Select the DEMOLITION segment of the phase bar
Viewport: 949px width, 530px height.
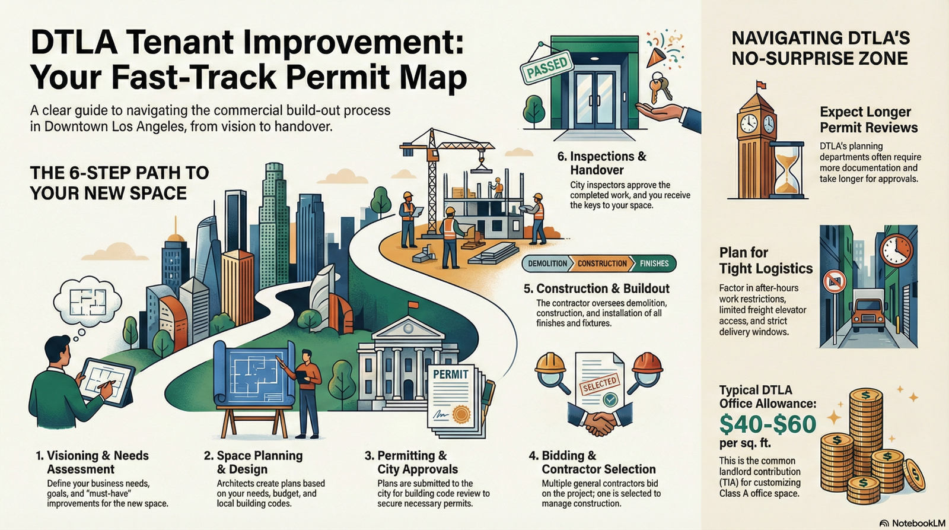tap(547, 264)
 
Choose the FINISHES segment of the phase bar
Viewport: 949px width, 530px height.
tap(654, 264)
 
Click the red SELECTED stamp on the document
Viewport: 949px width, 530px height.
tap(600, 385)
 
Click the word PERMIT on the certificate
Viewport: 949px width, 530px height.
tap(450, 374)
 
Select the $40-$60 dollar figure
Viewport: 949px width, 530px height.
tap(768, 424)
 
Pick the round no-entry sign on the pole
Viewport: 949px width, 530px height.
tap(834, 281)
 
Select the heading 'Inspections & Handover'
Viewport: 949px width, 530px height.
tap(602, 163)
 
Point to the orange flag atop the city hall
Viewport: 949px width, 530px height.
tap(413, 305)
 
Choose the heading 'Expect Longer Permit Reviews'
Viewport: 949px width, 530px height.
tap(868, 119)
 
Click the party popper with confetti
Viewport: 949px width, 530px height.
tap(664, 50)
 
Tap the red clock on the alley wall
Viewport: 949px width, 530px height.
tap(896, 250)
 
